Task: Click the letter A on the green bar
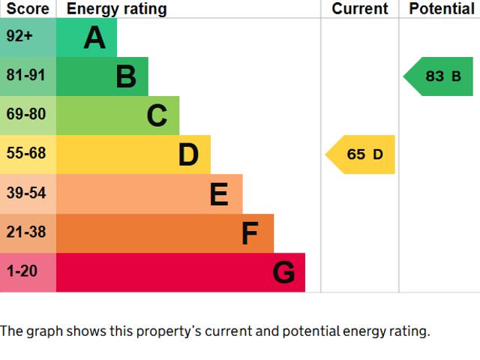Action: click(94, 37)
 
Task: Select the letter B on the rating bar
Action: click(126, 76)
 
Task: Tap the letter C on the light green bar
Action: click(157, 115)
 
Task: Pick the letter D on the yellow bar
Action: click(188, 155)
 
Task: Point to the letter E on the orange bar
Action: click(219, 194)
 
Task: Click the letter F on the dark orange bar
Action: click(250, 234)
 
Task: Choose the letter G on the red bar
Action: click(283, 273)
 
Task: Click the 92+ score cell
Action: click(19, 37)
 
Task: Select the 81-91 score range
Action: click(26, 76)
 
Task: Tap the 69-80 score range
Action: click(26, 115)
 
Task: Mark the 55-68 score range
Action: click(26, 154)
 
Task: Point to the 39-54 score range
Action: click(26, 193)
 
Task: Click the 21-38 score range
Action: click(26, 232)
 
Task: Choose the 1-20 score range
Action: click(22, 271)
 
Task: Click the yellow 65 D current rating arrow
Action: click(362, 154)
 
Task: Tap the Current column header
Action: click(360, 9)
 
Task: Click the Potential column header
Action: click(442, 9)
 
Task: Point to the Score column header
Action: click(28, 9)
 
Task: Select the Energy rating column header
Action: click(116, 9)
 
